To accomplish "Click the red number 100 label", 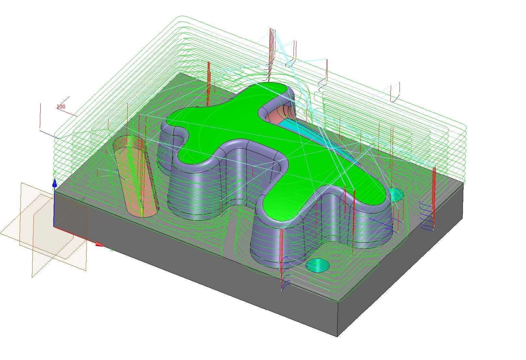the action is pyautogui.click(x=61, y=107).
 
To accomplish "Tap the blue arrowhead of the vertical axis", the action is pyautogui.click(x=55, y=183).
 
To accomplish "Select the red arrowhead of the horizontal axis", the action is pyautogui.click(x=100, y=245).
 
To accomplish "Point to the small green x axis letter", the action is pyautogui.click(x=112, y=250).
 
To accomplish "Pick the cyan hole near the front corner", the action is pyautogui.click(x=318, y=265).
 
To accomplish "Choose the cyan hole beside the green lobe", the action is pyautogui.click(x=396, y=194).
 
